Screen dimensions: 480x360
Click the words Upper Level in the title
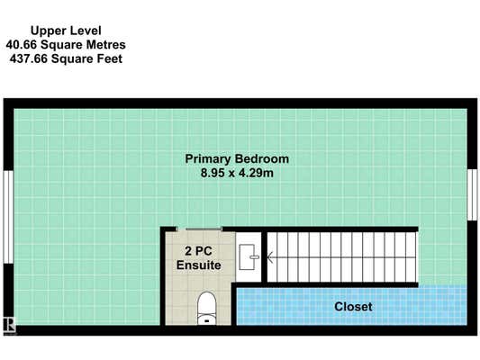click(x=66, y=31)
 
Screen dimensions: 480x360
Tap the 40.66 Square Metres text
click(x=66, y=45)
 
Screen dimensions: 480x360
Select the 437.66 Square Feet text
click(x=66, y=58)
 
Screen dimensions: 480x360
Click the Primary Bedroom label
click(x=237, y=159)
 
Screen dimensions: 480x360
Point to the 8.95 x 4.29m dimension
click(x=237, y=173)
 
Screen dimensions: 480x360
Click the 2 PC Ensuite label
click(x=199, y=258)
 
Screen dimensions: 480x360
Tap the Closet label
click(x=353, y=307)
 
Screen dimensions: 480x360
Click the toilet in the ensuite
click(x=206, y=308)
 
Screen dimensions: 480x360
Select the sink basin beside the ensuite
click(x=248, y=256)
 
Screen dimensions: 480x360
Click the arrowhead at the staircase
click(x=269, y=257)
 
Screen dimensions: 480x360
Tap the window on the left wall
click(x=8, y=217)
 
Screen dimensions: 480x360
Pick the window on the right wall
click(x=473, y=194)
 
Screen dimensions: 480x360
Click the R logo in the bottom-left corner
click(x=9, y=325)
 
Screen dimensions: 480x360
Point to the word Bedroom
click(x=262, y=159)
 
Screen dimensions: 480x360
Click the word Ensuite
click(x=199, y=265)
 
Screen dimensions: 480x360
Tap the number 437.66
click(x=29, y=58)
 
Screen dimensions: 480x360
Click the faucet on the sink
click(x=254, y=256)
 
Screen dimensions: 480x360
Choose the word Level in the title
click(x=86, y=31)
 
